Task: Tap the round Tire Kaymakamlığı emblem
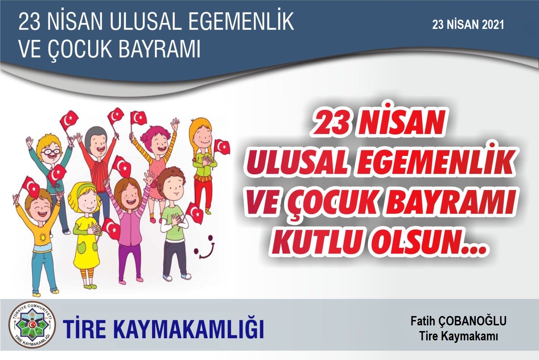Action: (x=32, y=325)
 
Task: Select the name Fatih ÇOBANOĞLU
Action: (x=459, y=321)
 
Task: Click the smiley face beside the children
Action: (x=204, y=246)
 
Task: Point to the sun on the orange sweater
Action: (x=43, y=238)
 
